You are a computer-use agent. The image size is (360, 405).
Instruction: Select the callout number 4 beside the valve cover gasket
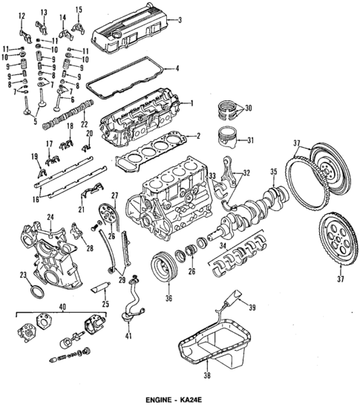pyautogui.click(x=177, y=69)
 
